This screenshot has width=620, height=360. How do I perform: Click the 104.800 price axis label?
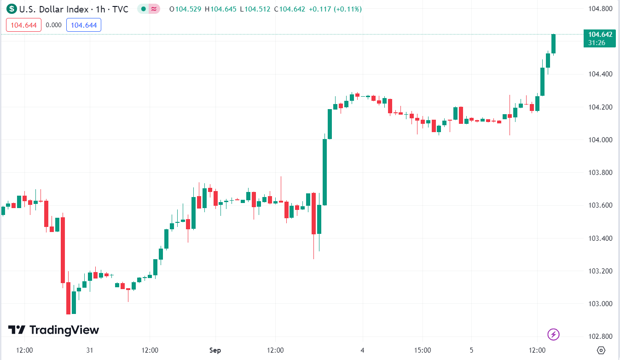click(x=601, y=8)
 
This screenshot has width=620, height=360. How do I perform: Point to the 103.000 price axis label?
click(x=601, y=303)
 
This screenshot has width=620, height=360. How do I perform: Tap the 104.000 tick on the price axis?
click(x=601, y=139)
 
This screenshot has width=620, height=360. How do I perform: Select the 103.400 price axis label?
click(x=601, y=238)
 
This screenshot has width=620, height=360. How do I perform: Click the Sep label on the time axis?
click(x=215, y=350)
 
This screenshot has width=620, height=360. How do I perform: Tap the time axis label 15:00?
click(x=423, y=350)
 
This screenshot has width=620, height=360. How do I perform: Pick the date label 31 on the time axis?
click(x=90, y=350)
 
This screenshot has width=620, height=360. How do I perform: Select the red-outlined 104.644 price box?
click(x=24, y=25)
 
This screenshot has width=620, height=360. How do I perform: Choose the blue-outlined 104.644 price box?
click(x=84, y=25)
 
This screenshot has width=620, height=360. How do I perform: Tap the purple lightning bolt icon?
click(x=553, y=334)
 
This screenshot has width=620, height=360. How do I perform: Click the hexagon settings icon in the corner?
click(x=600, y=350)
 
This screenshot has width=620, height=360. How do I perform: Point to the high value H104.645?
click(x=223, y=9)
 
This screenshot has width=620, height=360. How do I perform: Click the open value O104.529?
click(x=185, y=9)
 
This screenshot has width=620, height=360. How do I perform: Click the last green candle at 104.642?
click(x=553, y=44)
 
